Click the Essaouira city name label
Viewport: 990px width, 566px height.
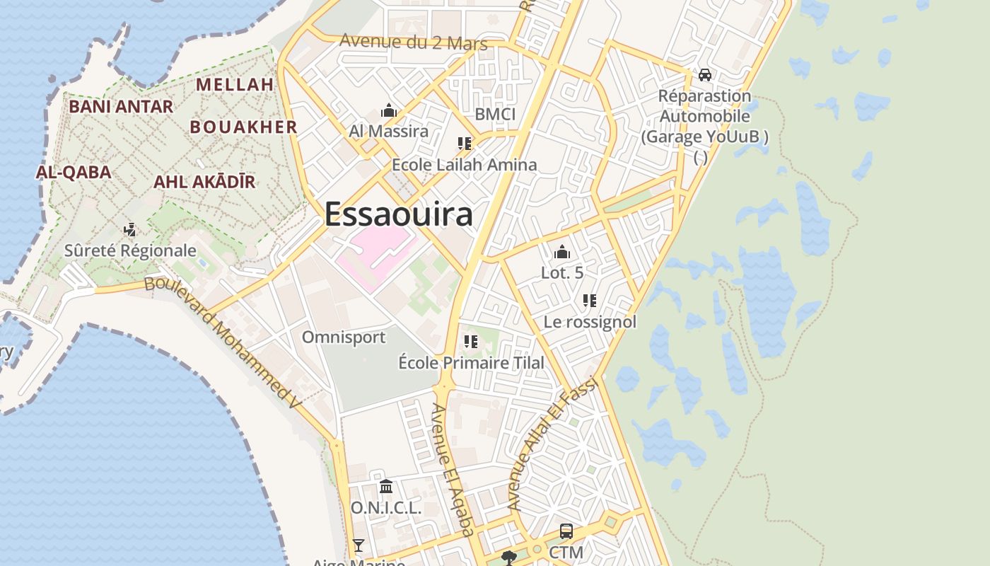398,214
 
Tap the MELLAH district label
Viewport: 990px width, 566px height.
235,84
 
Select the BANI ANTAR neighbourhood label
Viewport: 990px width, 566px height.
121,107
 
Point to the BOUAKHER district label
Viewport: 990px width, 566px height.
244,127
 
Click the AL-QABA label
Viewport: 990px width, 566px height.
74,172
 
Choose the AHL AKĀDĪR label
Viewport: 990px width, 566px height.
204,182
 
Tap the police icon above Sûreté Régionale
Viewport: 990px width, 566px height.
130,229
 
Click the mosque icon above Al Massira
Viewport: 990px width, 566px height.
388,110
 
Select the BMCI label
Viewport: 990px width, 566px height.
495,114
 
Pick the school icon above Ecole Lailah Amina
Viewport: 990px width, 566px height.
465,144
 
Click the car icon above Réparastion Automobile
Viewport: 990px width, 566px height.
704,74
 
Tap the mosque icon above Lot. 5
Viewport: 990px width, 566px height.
562,251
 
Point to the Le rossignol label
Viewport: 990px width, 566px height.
590,322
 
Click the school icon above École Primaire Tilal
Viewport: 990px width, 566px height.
471,342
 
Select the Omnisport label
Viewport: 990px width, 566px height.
344,337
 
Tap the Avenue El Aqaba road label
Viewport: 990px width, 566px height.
452,470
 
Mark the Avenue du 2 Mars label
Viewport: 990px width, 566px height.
414,42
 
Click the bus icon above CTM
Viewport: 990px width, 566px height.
566,531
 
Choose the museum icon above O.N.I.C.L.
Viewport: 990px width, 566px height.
386,486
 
